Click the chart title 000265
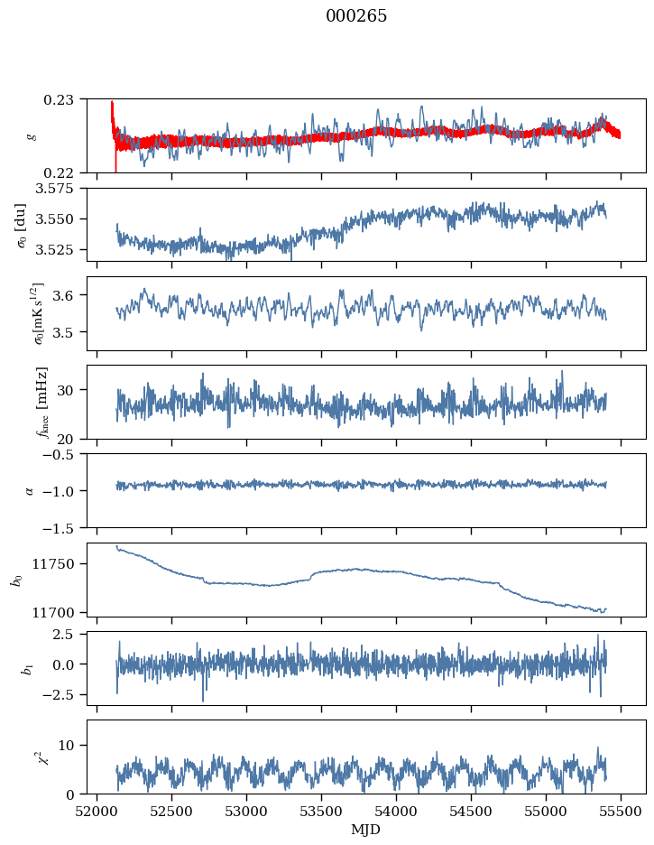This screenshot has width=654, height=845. pos(356,16)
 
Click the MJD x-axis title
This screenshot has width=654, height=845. pos(365,830)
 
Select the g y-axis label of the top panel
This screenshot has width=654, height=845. pos(32,135)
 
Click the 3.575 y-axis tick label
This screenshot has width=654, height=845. pos(60,189)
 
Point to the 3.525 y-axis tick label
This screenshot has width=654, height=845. pos(60,249)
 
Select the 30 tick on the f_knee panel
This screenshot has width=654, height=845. pos(70,390)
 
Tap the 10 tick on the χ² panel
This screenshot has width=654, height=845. pos(70,745)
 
